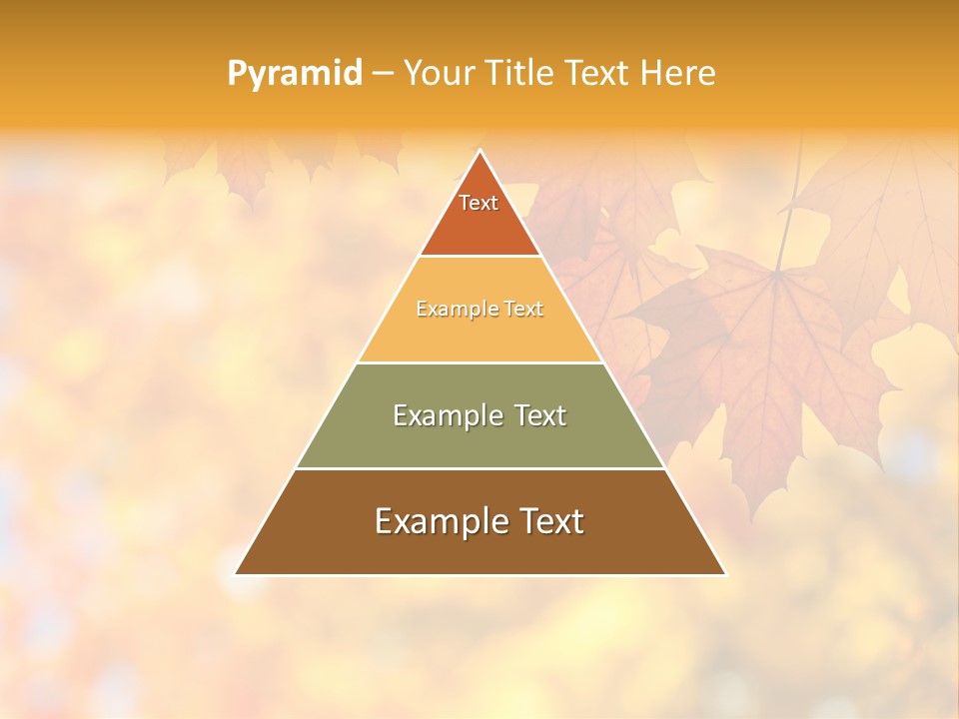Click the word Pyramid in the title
point(294,74)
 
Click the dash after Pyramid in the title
point(383,74)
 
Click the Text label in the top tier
point(479,203)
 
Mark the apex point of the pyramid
point(479,151)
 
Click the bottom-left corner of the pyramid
point(236,574)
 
